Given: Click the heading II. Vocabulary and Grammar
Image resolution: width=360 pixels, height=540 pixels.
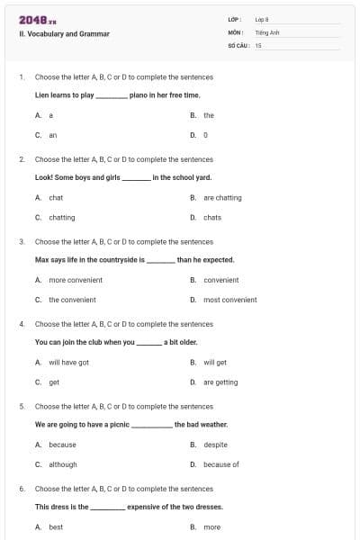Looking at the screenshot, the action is coord(64,34).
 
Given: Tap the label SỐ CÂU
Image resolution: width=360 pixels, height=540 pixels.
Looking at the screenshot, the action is coord(238,44).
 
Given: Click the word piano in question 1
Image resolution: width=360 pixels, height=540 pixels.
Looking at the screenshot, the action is coord(139,94).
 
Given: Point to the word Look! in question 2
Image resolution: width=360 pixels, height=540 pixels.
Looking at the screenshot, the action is coord(44,177).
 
